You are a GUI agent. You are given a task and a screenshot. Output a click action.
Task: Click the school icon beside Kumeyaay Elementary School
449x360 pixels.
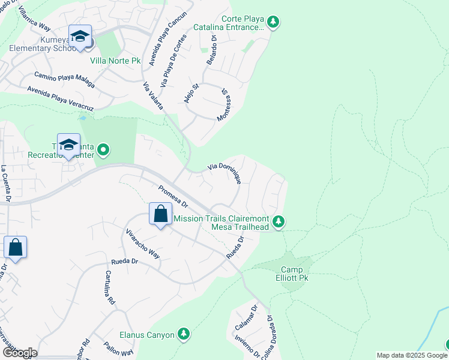(x=80, y=37)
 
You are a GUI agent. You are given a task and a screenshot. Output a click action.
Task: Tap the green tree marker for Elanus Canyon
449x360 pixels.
(x=184, y=334)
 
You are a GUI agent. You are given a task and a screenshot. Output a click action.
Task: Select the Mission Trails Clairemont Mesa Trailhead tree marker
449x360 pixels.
(x=278, y=222)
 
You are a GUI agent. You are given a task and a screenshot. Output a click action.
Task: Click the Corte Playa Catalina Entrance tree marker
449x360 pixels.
(x=273, y=23)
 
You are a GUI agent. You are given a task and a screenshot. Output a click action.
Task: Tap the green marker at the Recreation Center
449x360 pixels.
(x=103, y=149)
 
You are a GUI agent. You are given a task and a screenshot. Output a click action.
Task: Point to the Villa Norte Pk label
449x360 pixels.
(x=116, y=61)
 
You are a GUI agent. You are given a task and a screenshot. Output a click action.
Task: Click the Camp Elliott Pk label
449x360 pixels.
(x=292, y=273)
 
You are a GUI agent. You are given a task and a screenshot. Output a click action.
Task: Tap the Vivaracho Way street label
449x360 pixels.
(x=143, y=242)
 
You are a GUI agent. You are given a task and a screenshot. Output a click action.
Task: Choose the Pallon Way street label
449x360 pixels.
(x=118, y=349)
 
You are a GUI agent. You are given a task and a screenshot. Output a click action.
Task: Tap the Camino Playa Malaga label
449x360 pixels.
(x=64, y=79)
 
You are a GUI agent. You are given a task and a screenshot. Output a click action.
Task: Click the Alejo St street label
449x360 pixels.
(x=191, y=94)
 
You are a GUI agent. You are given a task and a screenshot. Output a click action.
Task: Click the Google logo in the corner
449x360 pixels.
(x=19, y=353)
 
